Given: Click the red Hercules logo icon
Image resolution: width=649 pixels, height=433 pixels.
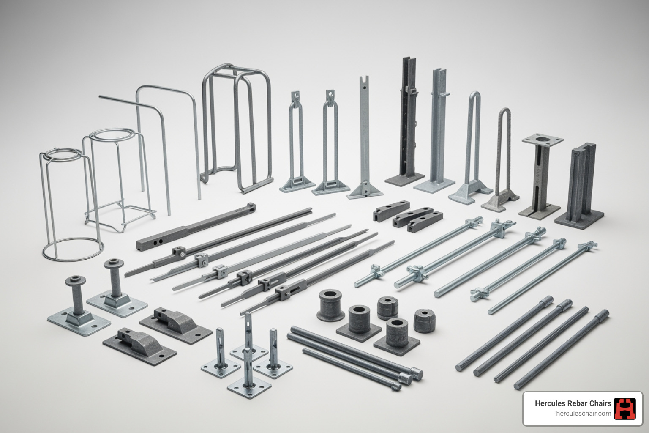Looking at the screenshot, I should click(x=624, y=408).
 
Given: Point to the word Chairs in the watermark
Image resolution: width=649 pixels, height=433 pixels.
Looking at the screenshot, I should click(x=601, y=403).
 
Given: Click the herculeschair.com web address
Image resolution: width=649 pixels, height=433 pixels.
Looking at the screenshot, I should click(x=584, y=414).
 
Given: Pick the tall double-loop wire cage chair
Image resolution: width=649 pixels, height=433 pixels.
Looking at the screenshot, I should click(x=236, y=127).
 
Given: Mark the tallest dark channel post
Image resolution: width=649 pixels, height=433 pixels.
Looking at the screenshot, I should click(x=407, y=118).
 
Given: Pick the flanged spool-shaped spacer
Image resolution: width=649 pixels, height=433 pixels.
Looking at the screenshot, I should click(x=330, y=304).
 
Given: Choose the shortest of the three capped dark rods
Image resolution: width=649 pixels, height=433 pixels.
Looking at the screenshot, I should click(x=351, y=368).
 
